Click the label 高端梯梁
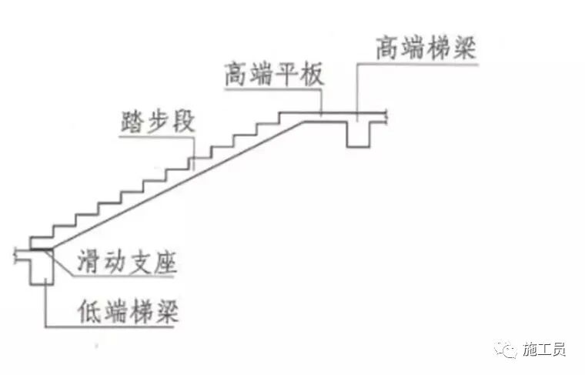click(x=426, y=49)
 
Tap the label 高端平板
click(x=275, y=76)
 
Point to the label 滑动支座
click(x=126, y=263)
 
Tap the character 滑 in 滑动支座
click(x=87, y=263)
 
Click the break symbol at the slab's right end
click(x=389, y=117)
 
